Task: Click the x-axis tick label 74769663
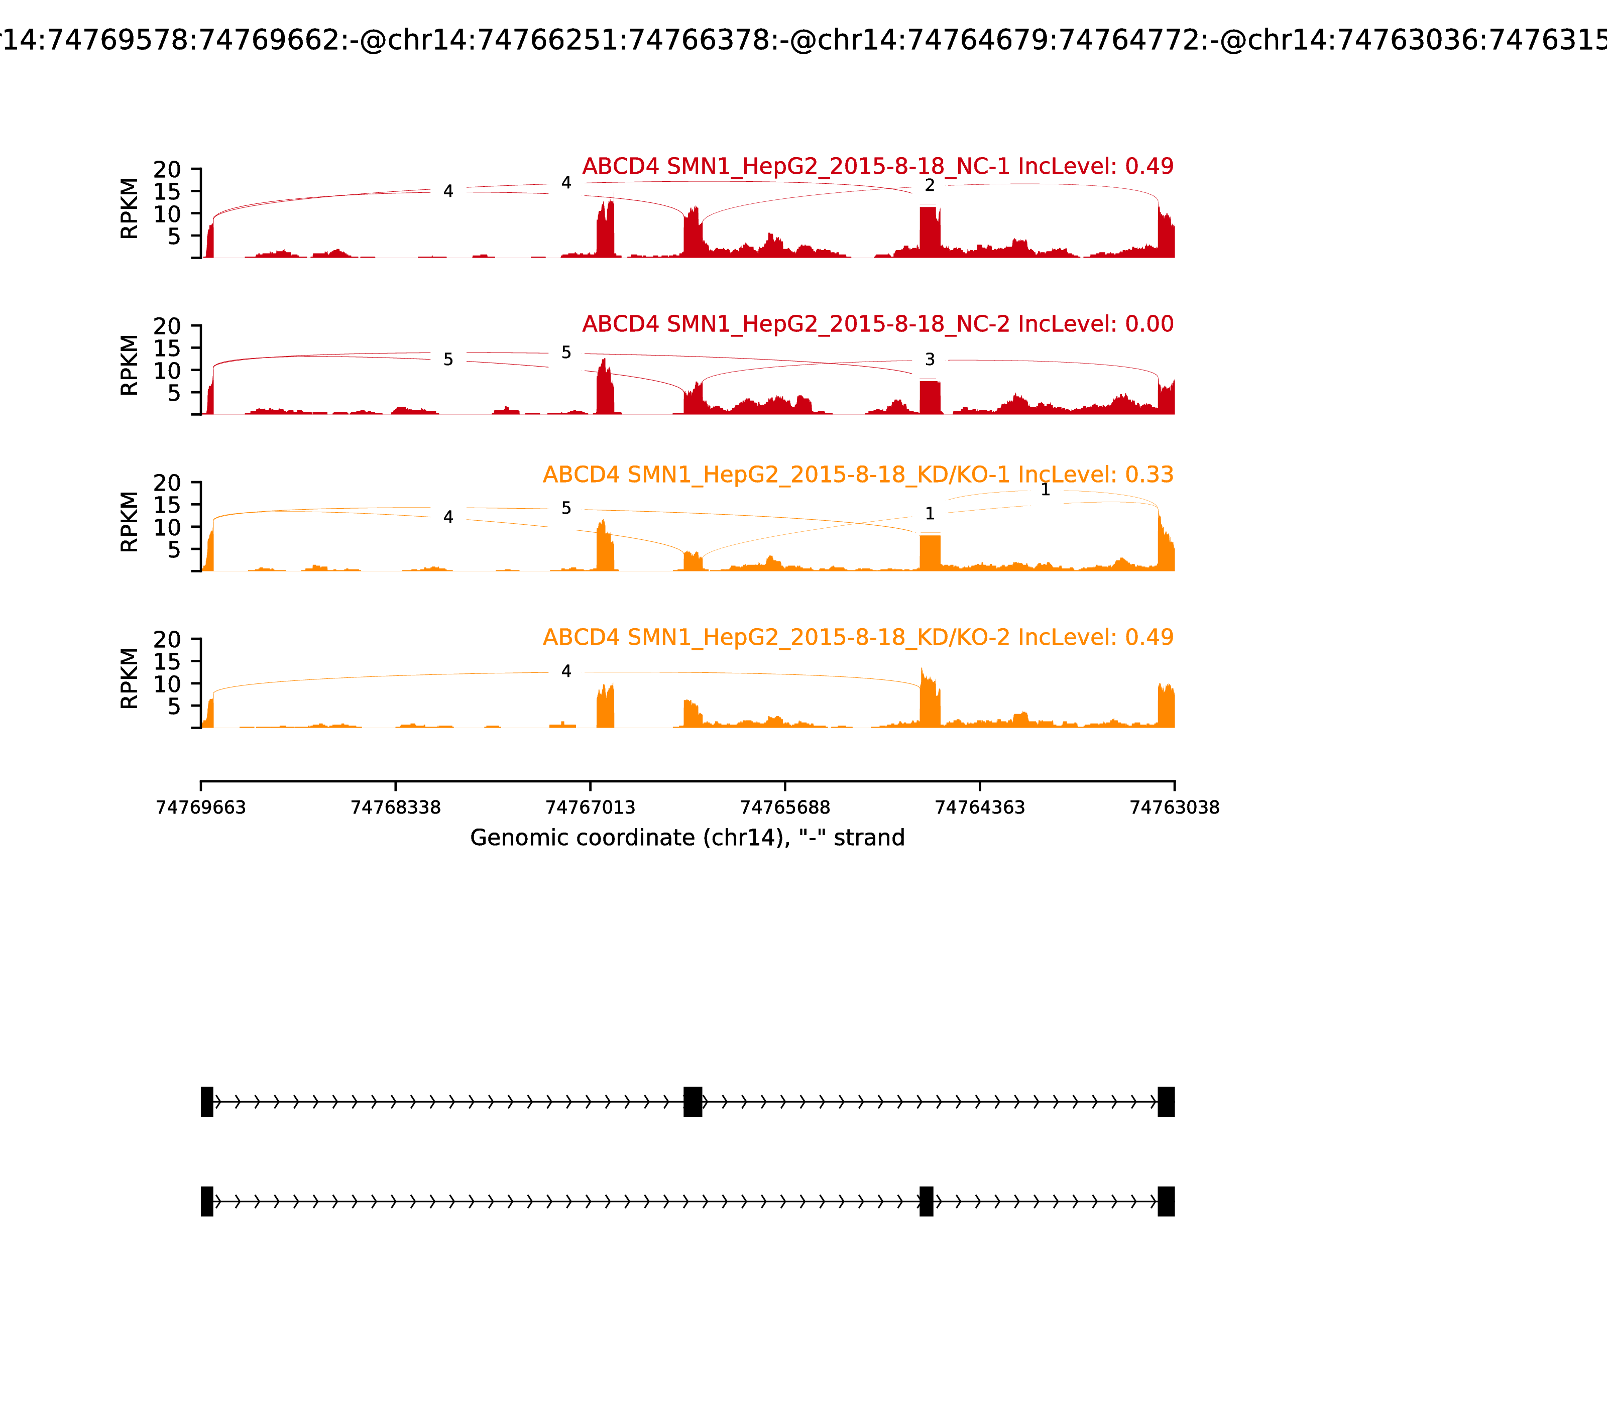201,807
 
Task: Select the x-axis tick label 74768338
396,807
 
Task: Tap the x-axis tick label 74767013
590,807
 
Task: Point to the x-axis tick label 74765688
784,807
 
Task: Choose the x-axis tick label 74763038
1174,807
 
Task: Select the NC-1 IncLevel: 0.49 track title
877,166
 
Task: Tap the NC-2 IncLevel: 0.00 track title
877,324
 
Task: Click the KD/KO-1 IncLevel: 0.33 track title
858,475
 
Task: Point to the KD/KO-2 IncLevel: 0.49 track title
858,637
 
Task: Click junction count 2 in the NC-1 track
930,186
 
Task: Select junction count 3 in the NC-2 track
930,360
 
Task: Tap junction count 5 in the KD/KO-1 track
566,508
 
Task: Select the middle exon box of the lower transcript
927,1201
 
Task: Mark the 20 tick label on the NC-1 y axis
167,170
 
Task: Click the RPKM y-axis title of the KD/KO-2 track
130,678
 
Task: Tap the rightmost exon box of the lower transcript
1166,1201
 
